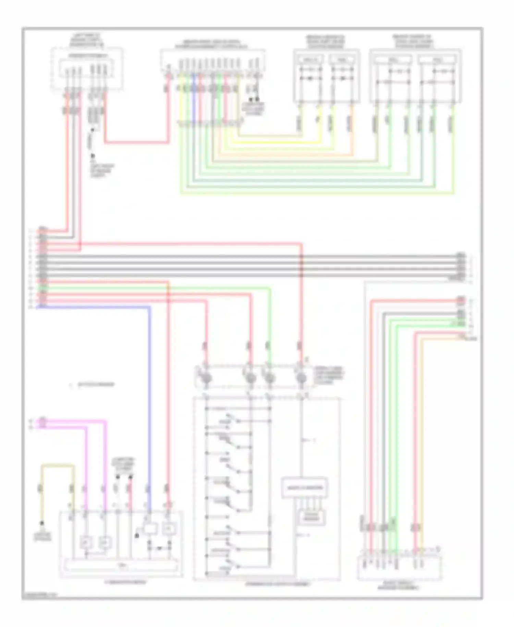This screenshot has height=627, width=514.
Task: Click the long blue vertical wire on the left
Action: (149, 394)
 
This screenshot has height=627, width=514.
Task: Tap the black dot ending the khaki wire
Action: (42, 523)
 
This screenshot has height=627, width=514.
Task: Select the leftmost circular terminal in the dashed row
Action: (207, 378)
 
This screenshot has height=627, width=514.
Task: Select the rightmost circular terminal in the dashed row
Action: (301, 378)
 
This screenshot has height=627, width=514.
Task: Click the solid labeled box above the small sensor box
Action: (304, 487)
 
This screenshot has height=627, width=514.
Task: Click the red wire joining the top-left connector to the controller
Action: (137, 142)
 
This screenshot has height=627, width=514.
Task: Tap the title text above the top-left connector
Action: (87, 40)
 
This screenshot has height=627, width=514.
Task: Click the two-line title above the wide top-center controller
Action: (212, 44)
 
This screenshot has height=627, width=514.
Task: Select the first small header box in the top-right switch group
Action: (310, 60)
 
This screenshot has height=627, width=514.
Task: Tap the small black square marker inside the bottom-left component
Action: (137, 535)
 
